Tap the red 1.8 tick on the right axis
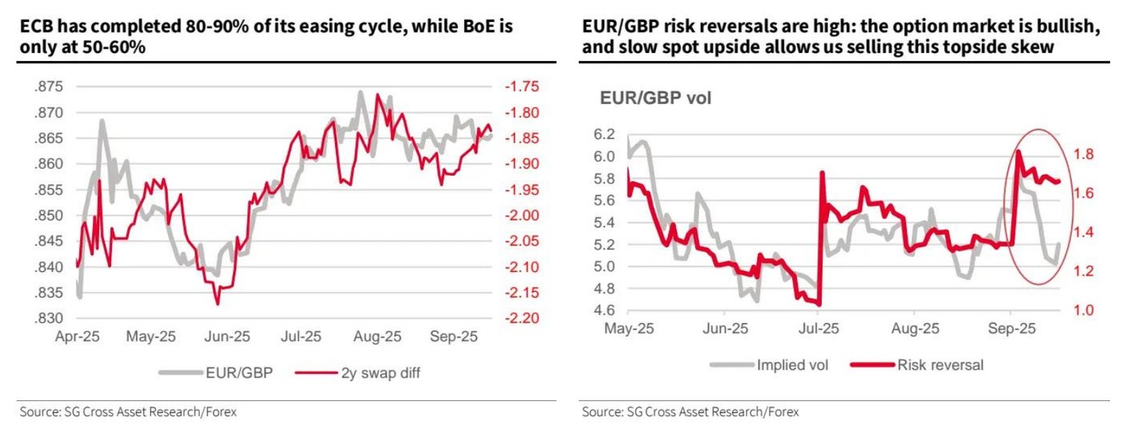[x=1087, y=153]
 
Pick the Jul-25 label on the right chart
[x=819, y=329]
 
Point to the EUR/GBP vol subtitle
[x=655, y=99]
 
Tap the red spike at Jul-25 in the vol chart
[x=822, y=173]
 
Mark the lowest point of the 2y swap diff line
[x=217, y=304]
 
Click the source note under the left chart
[x=127, y=411]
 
